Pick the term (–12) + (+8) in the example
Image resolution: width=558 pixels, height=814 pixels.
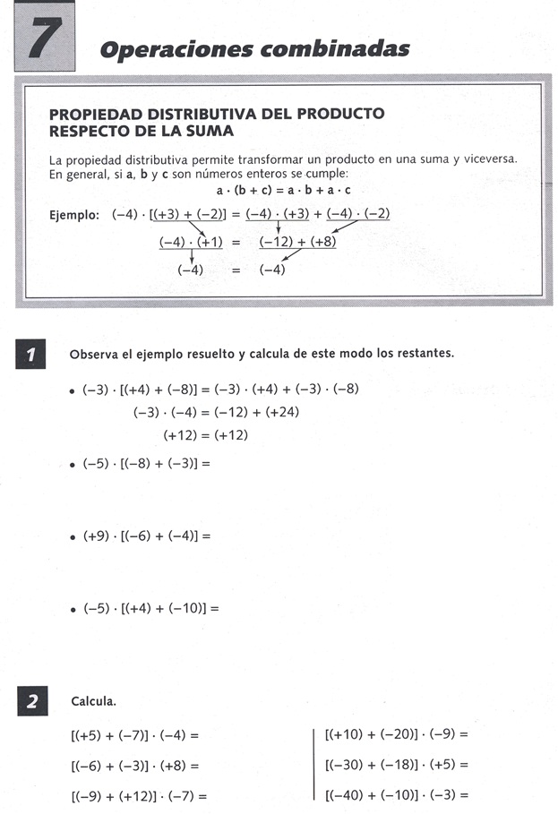[x=297, y=242]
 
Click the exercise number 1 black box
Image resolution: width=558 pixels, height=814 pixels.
[x=30, y=356]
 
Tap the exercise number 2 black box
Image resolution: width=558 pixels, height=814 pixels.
[x=30, y=702]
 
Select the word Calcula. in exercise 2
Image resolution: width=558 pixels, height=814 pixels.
[x=93, y=702]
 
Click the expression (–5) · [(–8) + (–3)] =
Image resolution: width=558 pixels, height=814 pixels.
[x=146, y=464]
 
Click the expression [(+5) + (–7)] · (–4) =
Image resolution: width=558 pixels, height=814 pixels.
[x=133, y=736]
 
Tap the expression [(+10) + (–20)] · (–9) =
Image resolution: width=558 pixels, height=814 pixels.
[x=397, y=734]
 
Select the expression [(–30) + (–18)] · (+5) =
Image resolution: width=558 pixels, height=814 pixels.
[x=397, y=766]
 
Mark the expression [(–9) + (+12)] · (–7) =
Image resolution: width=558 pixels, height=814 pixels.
[x=138, y=795]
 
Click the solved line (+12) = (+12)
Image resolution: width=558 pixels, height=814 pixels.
[x=205, y=435]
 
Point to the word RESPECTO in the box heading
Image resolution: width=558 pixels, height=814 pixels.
[x=90, y=132]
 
